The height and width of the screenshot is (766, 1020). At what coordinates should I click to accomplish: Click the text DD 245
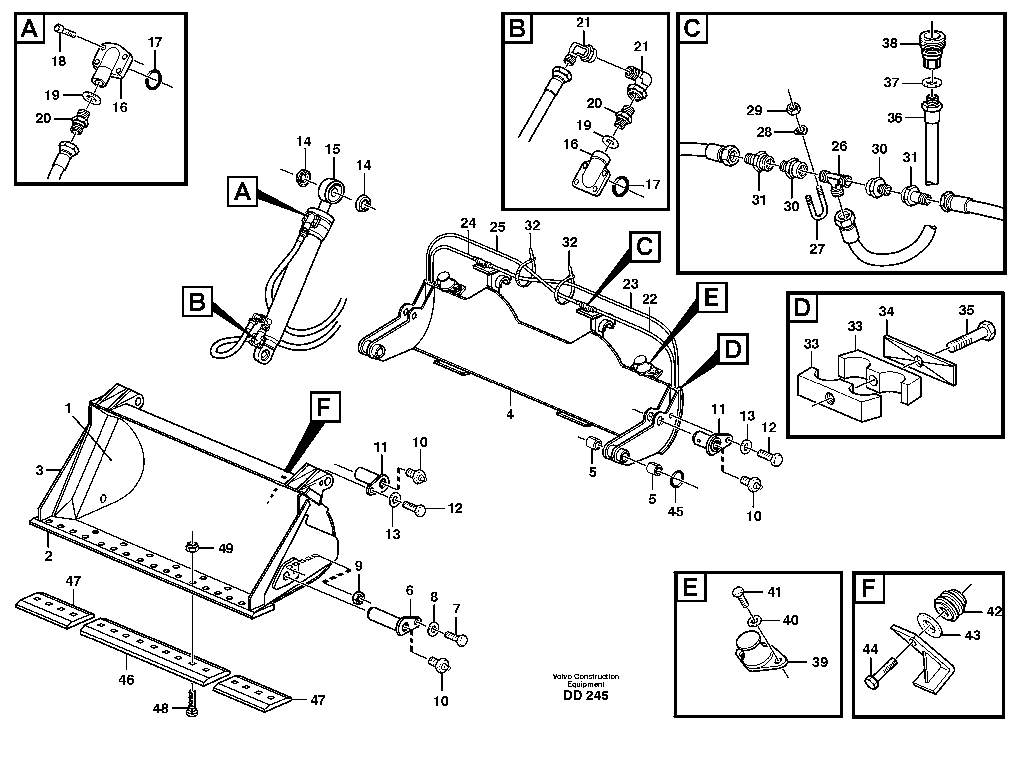[x=586, y=695]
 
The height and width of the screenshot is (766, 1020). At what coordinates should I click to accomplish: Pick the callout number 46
[x=126, y=679]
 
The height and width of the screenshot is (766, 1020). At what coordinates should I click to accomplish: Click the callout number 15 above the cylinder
[x=332, y=149]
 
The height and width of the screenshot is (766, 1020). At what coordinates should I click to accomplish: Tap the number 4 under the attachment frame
[x=510, y=414]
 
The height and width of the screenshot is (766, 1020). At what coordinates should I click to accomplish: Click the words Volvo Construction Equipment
[x=586, y=680]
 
